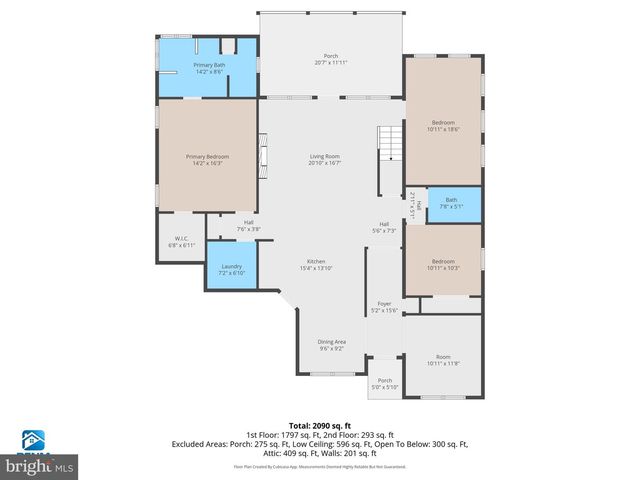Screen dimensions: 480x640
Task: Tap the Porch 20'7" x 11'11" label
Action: pos(330,59)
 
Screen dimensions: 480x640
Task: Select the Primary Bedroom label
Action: pos(207,159)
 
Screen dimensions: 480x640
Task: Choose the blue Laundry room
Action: pos(232,267)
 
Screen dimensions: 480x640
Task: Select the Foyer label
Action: pos(383,306)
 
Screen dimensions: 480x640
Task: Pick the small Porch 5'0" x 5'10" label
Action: pos(384,384)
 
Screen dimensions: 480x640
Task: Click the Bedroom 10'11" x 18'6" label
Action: pos(442,126)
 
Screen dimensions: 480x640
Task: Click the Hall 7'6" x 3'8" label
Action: pos(248,226)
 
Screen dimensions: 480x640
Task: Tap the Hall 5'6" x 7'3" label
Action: pos(383,227)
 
